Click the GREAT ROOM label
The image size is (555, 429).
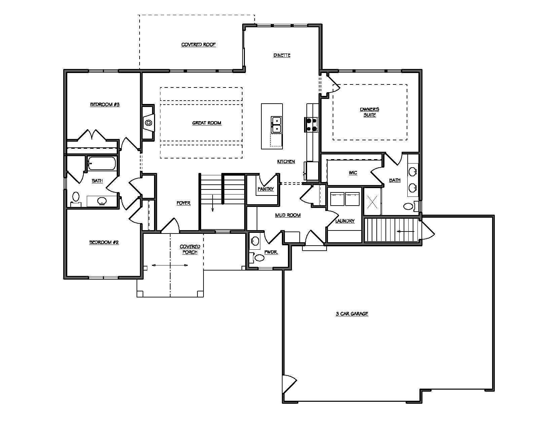[207, 123]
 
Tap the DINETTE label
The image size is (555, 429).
[282, 56]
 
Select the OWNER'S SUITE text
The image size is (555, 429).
[370, 112]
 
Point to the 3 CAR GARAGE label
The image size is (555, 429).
[352, 314]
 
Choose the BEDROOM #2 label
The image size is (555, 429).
[104, 242]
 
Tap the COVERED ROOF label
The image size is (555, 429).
[198, 45]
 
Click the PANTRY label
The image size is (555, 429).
[266, 189]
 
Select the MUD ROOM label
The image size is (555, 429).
[288, 215]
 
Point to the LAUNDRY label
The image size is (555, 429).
[345, 221]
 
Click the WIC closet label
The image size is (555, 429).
[353, 173]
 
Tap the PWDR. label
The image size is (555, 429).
[271, 252]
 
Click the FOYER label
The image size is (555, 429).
[184, 203]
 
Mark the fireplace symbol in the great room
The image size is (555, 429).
[148, 122]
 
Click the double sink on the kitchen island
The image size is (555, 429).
[276, 124]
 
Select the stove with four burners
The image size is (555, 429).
[311, 124]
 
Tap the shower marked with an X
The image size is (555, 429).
[372, 202]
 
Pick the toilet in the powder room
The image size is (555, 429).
[259, 258]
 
